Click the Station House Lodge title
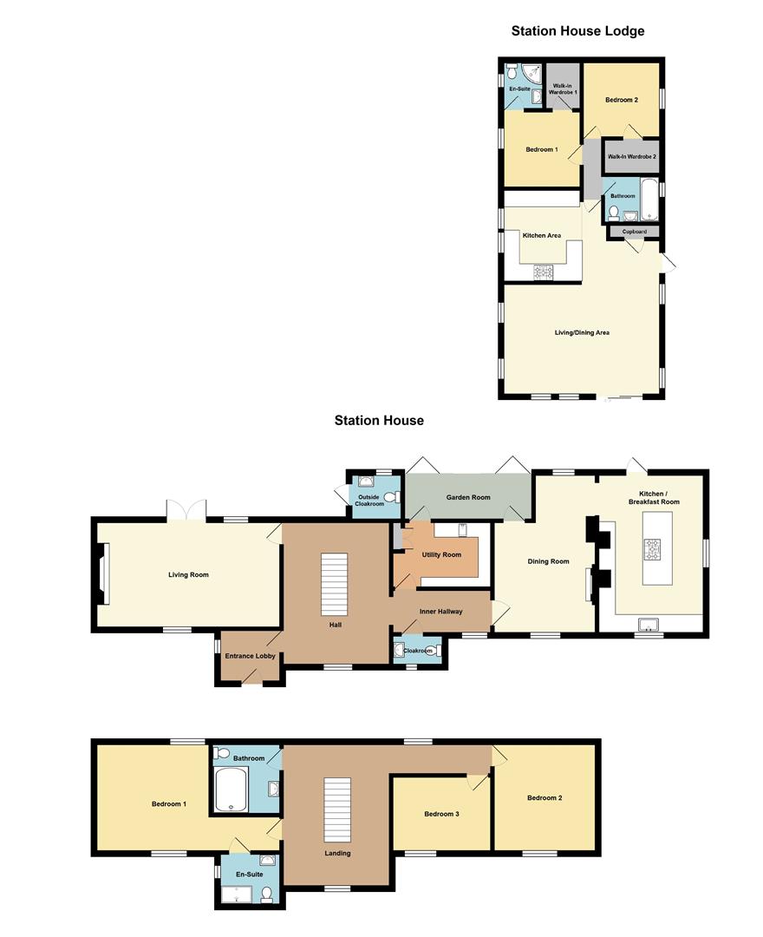[x=577, y=31]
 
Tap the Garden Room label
[x=468, y=497]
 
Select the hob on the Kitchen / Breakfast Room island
[x=651, y=548]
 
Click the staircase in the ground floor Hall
[x=334, y=585]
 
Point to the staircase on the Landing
[x=337, y=809]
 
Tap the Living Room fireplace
[x=104, y=573]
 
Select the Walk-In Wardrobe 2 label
[x=632, y=156]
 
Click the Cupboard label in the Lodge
[x=634, y=232]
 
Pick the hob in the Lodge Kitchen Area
[x=544, y=272]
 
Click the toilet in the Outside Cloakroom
[x=393, y=497]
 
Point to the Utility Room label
[x=441, y=554]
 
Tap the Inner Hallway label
[x=440, y=612]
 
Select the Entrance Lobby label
[x=251, y=656]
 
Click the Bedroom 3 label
[x=441, y=814]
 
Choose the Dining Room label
[x=548, y=561]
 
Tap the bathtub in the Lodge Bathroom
[x=649, y=198]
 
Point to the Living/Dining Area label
[x=582, y=333]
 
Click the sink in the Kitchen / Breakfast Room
[x=648, y=624]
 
